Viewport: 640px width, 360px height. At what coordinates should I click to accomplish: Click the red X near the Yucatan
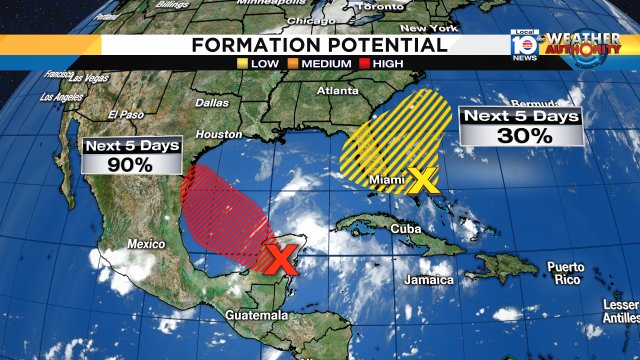pyautogui.click(x=281, y=260)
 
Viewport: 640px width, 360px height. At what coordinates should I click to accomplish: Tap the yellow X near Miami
pyautogui.click(x=424, y=180)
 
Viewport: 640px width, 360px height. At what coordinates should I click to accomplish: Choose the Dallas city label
pyautogui.click(x=212, y=102)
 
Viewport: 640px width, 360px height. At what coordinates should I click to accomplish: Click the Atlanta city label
pyautogui.click(x=337, y=93)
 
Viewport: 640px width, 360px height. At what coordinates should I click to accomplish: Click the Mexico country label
pyautogui.click(x=145, y=244)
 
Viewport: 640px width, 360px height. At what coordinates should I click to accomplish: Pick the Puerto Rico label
pyautogui.click(x=566, y=273)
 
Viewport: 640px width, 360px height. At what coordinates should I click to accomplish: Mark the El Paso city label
pyautogui.click(x=127, y=113)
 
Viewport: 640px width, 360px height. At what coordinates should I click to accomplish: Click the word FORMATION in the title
pyautogui.click(x=251, y=45)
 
